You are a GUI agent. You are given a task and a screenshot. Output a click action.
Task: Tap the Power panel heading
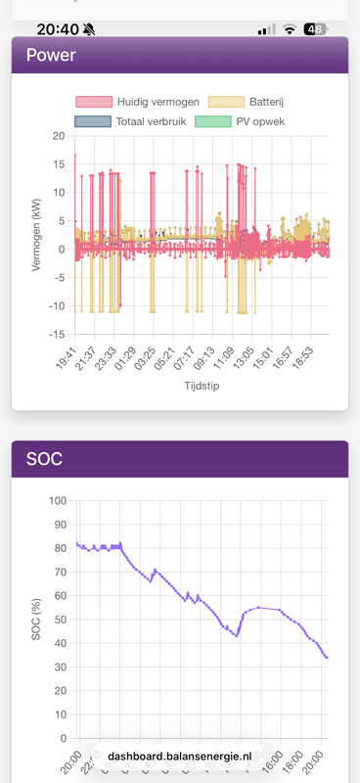click(51, 55)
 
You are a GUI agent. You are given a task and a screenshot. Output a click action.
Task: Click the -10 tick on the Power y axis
click(55, 306)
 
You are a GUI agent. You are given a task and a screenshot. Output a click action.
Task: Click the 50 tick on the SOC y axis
click(59, 620)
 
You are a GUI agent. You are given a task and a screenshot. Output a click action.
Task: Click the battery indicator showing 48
click(315, 29)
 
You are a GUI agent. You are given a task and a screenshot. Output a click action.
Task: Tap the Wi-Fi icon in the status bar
click(290, 29)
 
